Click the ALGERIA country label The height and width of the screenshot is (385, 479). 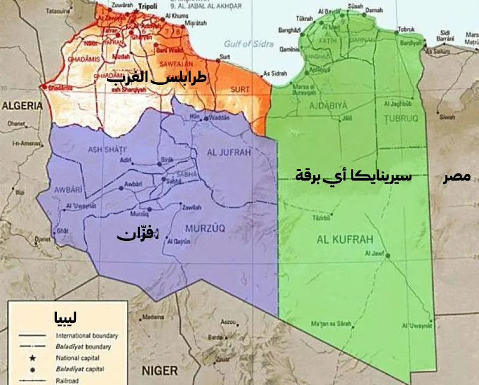point(23,106)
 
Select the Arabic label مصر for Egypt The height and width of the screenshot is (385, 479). point(457,178)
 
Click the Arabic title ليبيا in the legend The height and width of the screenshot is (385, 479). point(65,317)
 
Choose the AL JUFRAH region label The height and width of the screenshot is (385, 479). point(228,152)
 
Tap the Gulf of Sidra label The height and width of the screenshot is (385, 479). point(249,44)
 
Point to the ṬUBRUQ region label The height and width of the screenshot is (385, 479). point(400,118)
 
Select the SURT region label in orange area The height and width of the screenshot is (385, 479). point(239,90)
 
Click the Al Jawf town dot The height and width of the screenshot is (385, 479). point(388,256)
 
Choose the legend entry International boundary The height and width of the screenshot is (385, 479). point(87,336)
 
